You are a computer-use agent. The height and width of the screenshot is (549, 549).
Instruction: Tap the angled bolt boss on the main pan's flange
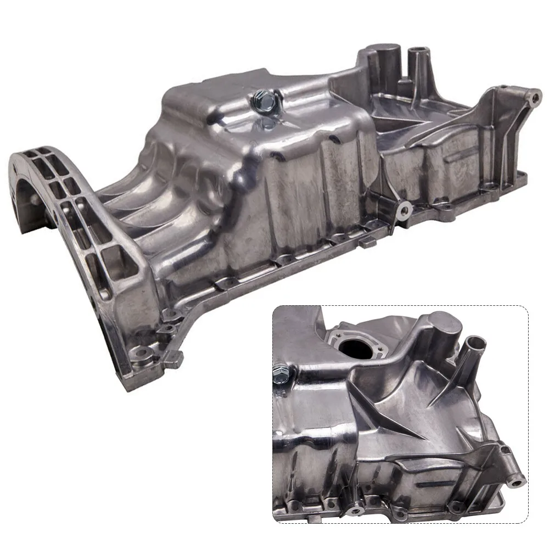click(x=404, y=209)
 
